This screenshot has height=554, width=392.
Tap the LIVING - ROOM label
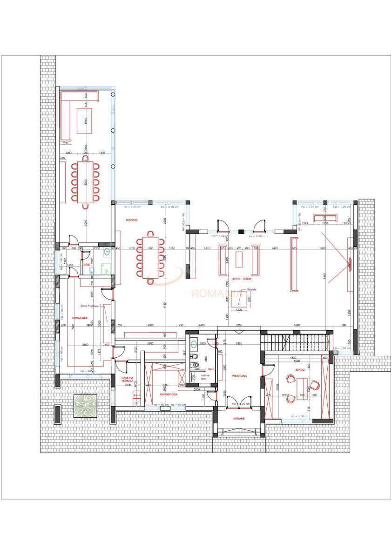[x=241, y=279]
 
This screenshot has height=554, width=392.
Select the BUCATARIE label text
[x=80, y=317]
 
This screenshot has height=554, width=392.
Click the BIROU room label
[x=300, y=370]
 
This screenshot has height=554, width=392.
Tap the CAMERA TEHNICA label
[x=128, y=379]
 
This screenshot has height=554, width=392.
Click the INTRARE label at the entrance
[x=239, y=418]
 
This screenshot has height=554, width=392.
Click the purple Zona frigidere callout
[x=90, y=306]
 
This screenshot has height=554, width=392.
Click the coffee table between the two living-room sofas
[x=239, y=261]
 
